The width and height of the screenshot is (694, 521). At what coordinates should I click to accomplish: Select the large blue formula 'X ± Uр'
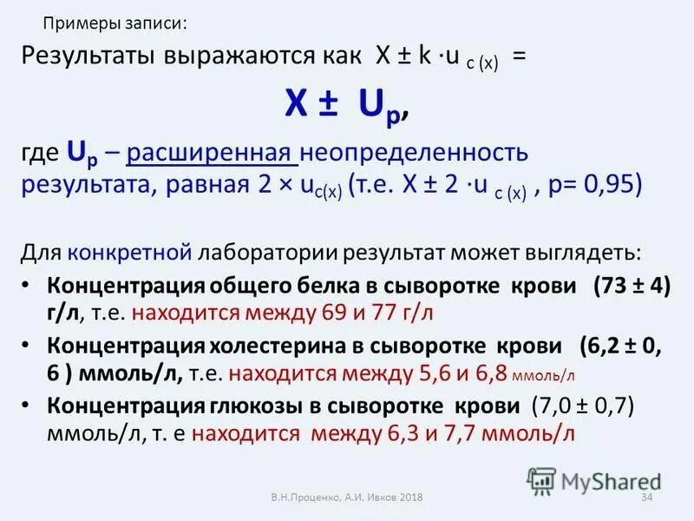click(347, 106)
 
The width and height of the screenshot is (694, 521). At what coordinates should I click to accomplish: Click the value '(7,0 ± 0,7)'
click(584, 406)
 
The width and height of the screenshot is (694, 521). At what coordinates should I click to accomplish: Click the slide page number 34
click(645, 498)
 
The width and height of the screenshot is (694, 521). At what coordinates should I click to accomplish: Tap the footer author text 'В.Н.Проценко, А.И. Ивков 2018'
click(346, 498)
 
